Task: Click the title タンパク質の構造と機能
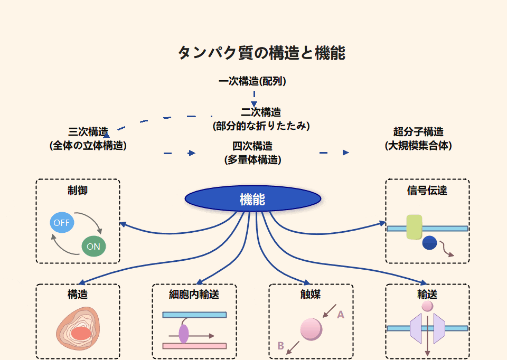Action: [x=261, y=53]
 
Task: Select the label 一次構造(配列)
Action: [x=252, y=81]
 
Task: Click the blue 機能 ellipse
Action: [x=252, y=199]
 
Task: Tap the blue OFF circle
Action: [x=62, y=223]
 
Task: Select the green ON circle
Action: [x=93, y=247]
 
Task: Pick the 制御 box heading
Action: [x=78, y=190]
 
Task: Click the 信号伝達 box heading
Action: [x=427, y=190]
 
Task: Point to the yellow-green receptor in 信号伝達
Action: [x=414, y=227]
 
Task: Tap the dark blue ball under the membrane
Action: [x=429, y=243]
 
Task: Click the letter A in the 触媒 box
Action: [x=341, y=315]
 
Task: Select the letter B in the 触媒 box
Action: [x=281, y=346]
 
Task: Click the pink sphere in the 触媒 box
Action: [x=311, y=329]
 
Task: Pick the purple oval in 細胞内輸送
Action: [x=184, y=334]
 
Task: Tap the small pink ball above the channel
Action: [x=427, y=306]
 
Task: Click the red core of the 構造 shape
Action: [x=81, y=333]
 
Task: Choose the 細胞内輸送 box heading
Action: [x=194, y=295]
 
